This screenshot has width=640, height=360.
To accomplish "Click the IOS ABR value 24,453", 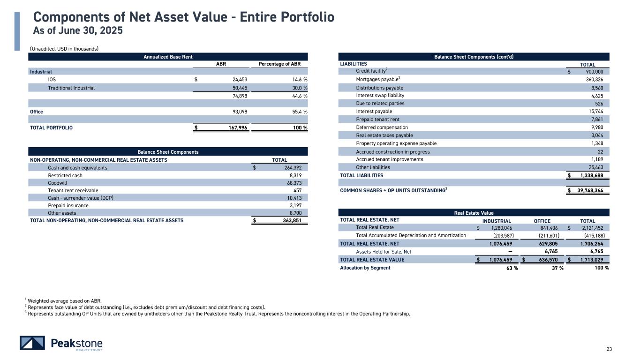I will [x=237, y=80].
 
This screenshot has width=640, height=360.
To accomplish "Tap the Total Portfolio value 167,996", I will [x=235, y=127].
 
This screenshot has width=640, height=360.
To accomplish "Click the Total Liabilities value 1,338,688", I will [x=595, y=175].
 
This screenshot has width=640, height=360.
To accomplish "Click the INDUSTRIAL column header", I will [x=497, y=221].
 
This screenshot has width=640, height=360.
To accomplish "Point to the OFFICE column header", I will [x=542, y=221].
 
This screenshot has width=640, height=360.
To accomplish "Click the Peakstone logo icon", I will [x=32, y=343].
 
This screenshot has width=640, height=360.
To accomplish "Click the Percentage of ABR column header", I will [x=279, y=64].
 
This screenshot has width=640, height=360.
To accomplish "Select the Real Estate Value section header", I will [x=474, y=213].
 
